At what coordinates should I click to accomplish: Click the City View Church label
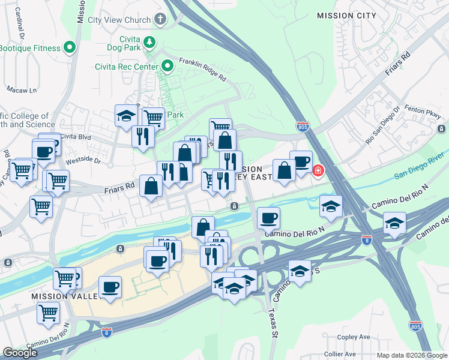tap(119, 20)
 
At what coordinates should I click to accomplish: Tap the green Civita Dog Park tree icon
tap(150, 42)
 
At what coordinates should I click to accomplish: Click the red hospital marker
tap(316, 171)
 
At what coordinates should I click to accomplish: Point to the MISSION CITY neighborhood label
tap(346, 16)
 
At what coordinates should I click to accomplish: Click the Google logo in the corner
tap(20, 353)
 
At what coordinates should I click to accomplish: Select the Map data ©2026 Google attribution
tap(412, 355)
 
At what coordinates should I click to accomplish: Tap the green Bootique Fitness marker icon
tap(70, 47)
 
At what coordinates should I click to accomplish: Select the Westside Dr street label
tap(83, 160)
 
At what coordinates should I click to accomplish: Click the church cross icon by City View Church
tap(160, 19)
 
